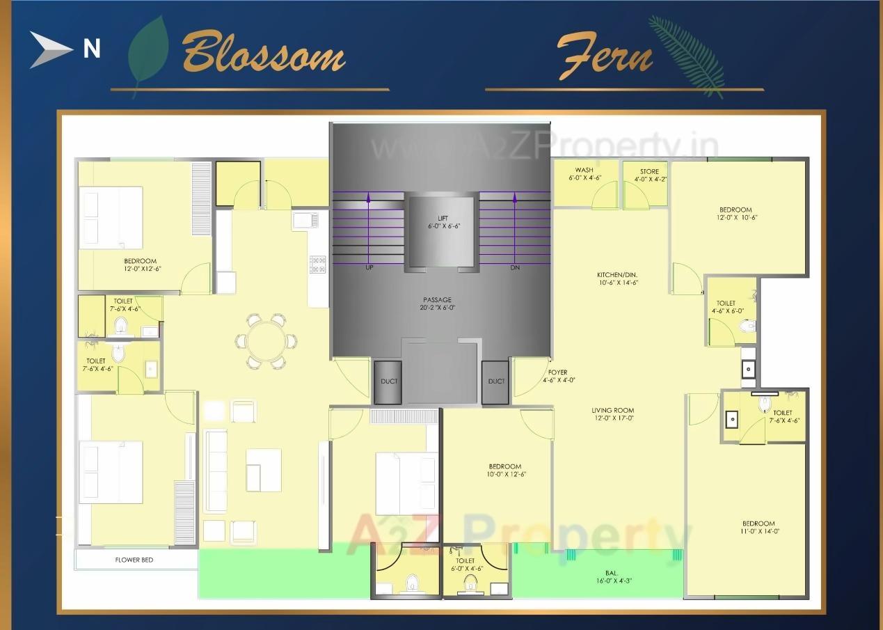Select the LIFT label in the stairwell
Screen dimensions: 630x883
[443, 222]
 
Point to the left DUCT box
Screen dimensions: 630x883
[388, 381]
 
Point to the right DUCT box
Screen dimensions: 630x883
[495, 381]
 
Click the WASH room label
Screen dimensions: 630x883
[584, 174]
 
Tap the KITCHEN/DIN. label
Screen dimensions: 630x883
[617, 278]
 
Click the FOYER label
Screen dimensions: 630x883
[557, 377]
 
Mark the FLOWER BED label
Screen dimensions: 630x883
[134, 560]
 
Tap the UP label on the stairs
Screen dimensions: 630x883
[369, 267]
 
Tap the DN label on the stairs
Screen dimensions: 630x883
[515, 267]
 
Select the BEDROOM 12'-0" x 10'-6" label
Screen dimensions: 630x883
[735, 213]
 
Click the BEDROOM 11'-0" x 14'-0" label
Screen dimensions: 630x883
[758, 528]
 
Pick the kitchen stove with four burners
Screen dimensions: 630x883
[317, 264]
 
